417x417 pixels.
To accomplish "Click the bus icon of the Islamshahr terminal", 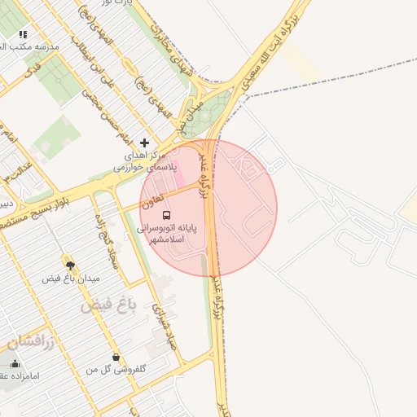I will click(x=167, y=216).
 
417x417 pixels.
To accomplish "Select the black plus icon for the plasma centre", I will click(x=145, y=143).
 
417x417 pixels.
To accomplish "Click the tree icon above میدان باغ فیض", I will click(x=70, y=265).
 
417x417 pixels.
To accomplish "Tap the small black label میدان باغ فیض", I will click(x=71, y=279).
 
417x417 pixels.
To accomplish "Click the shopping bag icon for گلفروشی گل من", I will click(x=116, y=357).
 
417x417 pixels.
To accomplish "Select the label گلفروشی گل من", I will click(x=117, y=369).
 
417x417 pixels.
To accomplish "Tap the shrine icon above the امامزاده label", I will click(x=15, y=363).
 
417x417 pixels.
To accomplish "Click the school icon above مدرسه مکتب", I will click(x=23, y=34).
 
